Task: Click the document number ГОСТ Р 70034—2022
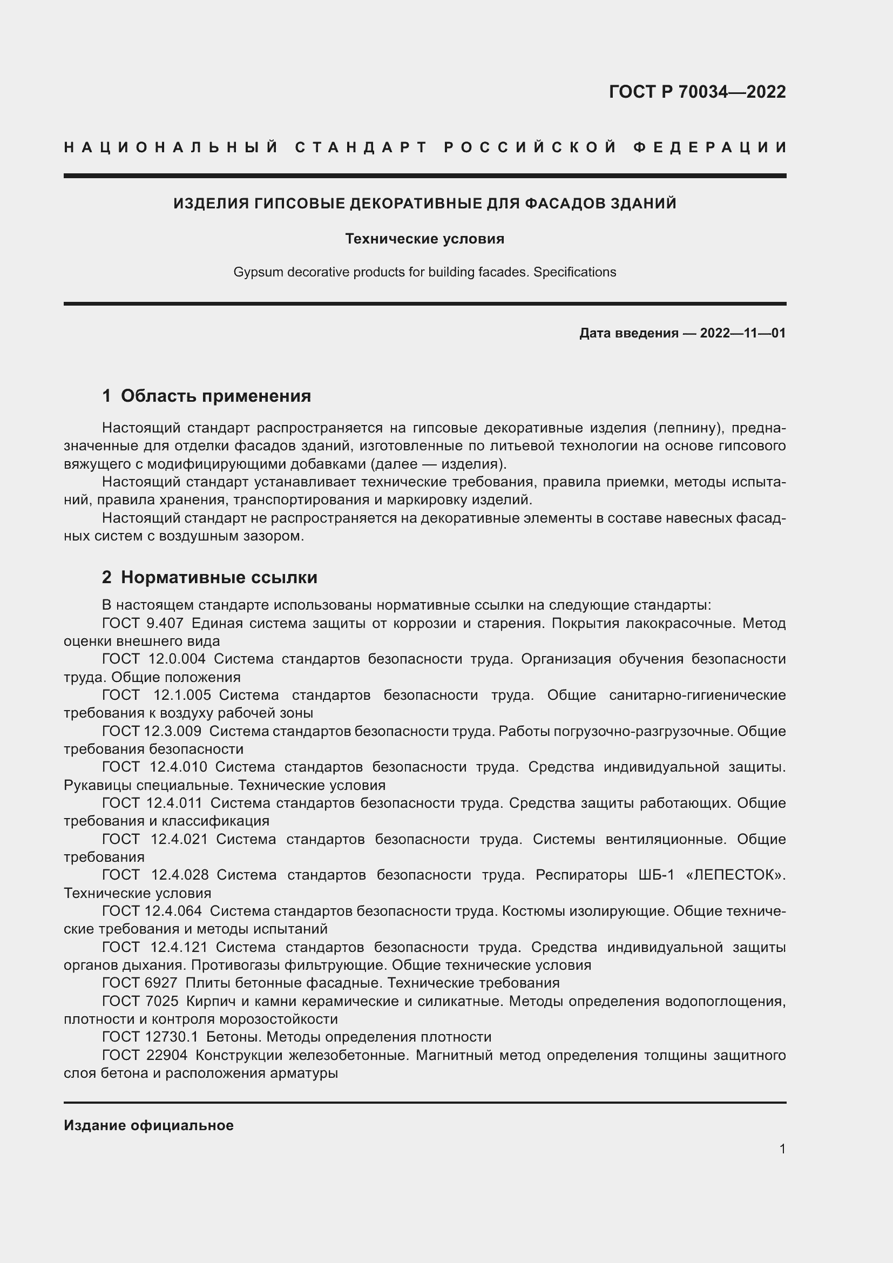[696, 92]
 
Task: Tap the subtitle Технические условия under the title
[424, 239]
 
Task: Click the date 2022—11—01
[742, 333]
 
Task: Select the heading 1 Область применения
[206, 396]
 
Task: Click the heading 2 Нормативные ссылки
[209, 577]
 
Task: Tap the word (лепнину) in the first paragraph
[687, 428]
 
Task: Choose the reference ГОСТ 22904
[145, 1055]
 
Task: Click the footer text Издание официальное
[148, 1125]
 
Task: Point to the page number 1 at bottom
[782, 1149]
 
